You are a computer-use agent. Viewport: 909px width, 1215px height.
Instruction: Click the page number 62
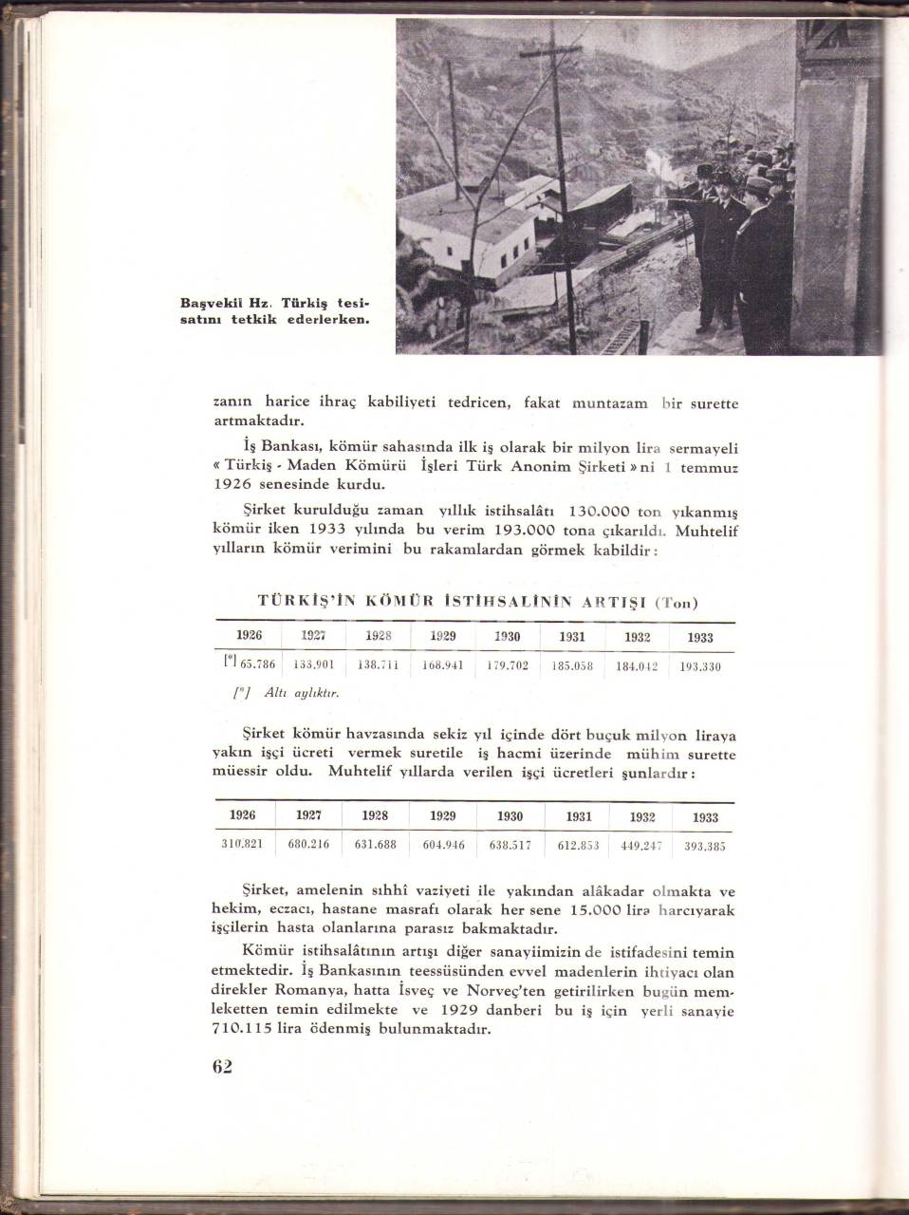point(222,1065)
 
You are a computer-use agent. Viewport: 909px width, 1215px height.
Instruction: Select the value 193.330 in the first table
point(700,666)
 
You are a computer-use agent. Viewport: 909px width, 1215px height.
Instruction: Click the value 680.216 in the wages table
point(308,843)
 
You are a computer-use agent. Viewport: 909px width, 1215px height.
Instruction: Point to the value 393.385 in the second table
point(704,846)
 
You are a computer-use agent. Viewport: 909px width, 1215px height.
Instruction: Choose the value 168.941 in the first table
point(442,665)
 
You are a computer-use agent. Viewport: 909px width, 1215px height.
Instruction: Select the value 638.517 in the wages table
point(510,844)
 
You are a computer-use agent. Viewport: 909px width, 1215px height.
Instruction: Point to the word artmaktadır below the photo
point(257,421)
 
